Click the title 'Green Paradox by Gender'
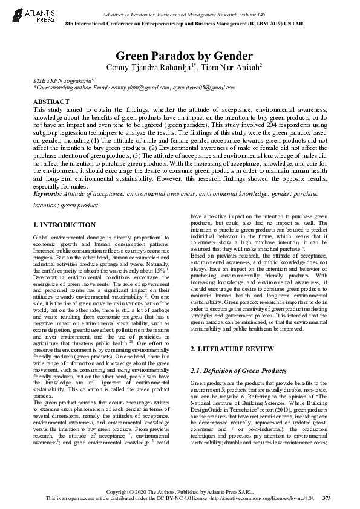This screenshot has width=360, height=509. [x=180, y=56]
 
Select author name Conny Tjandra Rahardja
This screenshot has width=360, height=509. [x=148, y=67]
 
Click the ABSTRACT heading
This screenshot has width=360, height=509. [x=51, y=102]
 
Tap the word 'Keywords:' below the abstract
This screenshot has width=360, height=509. [x=51, y=194]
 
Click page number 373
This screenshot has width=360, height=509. [x=327, y=498]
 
